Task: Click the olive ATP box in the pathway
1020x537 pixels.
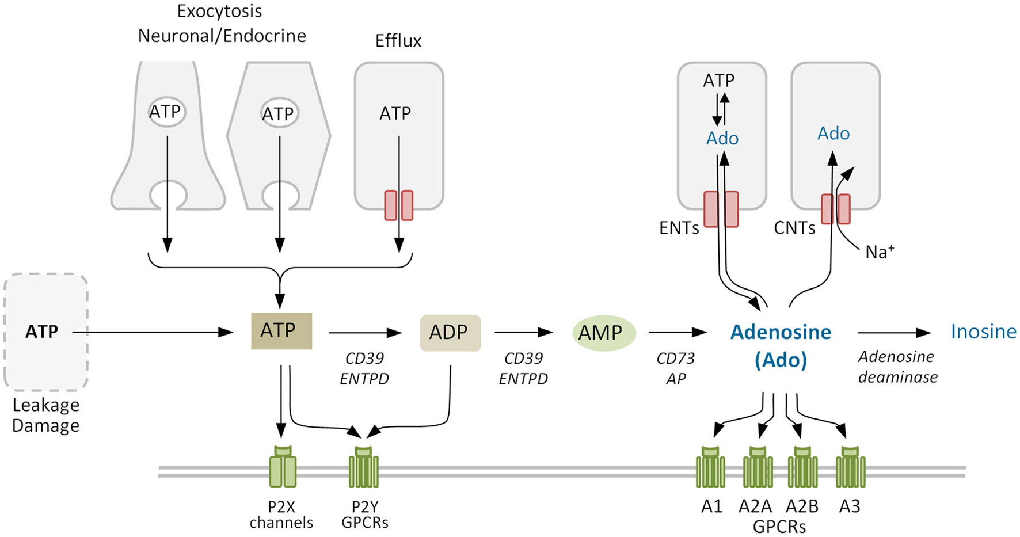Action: [x=281, y=331]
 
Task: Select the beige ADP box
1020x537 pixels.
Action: [x=450, y=333]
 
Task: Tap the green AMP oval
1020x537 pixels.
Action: [x=603, y=333]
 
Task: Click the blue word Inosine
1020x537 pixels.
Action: [x=983, y=332]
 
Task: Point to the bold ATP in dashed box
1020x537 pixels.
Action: [x=42, y=332]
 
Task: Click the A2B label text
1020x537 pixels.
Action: [x=802, y=506]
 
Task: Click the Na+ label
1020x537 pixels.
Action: [x=880, y=252]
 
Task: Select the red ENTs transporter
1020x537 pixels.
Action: [x=721, y=210]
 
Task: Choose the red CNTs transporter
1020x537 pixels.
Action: [x=835, y=209]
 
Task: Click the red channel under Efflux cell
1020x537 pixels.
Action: [x=399, y=205]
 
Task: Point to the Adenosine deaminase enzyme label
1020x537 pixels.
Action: [x=897, y=367]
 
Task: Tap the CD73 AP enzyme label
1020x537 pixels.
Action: [x=676, y=368]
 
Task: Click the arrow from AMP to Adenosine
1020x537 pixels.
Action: [x=677, y=332]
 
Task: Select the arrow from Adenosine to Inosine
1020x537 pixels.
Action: [x=893, y=333]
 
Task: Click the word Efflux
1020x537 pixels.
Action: [x=398, y=41]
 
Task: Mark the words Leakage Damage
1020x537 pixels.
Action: [x=46, y=415]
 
